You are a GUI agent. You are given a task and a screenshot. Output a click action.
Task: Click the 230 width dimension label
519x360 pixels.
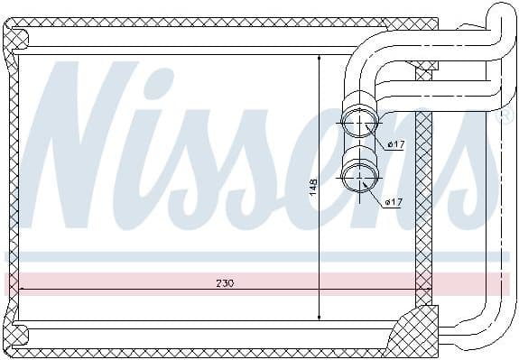coord(225,282)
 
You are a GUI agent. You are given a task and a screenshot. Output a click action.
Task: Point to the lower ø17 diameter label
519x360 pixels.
coord(393,201)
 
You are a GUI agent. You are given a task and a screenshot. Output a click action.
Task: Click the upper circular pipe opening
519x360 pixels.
coord(360,123)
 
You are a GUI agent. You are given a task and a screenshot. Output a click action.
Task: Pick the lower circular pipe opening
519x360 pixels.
coord(360,172)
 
